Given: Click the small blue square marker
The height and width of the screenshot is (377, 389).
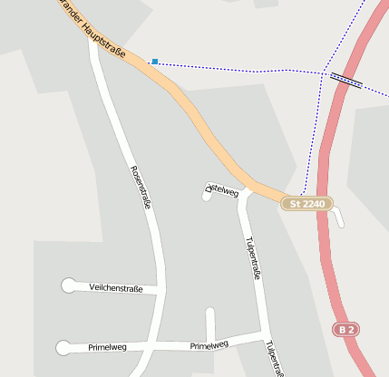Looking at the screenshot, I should [x=155, y=62].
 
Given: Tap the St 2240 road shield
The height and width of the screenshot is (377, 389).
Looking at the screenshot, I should [x=306, y=204].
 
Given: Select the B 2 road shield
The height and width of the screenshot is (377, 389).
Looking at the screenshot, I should [x=345, y=329].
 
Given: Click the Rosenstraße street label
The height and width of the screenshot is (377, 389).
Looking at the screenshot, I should [x=141, y=188].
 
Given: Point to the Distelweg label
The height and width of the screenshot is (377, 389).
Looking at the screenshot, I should [x=221, y=191].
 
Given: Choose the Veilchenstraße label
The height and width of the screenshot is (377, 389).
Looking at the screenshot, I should [x=116, y=287].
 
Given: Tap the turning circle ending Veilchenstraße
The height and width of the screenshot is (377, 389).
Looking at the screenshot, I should [x=69, y=285].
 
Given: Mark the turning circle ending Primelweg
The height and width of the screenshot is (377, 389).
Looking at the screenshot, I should [x=63, y=347].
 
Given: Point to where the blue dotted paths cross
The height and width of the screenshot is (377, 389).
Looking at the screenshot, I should [x=324, y=72].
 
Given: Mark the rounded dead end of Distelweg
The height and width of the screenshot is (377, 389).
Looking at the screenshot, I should [x=207, y=195].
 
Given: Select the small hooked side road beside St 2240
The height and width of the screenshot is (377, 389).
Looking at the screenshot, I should [x=339, y=217].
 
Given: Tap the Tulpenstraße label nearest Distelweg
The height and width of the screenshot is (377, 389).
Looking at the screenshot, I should [x=253, y=257].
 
